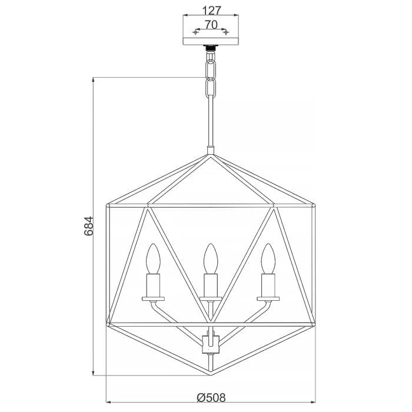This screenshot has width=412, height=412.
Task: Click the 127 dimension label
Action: coord(211,11)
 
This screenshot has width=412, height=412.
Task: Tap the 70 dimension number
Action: coord(211,25)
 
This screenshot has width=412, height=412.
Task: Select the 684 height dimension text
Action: coord(89,226)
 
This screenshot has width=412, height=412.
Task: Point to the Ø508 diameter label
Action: coord(211,397)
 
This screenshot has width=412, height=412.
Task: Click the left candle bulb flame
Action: coord(153,258)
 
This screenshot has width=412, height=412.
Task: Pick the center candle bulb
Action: coord(211,258)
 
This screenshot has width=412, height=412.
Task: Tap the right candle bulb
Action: coord(268,258)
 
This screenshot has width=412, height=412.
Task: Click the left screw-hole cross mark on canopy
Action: coord(195,32)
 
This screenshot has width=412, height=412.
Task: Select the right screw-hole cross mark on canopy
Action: coord(226,32)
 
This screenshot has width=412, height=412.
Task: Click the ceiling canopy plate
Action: coord(211,41)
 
